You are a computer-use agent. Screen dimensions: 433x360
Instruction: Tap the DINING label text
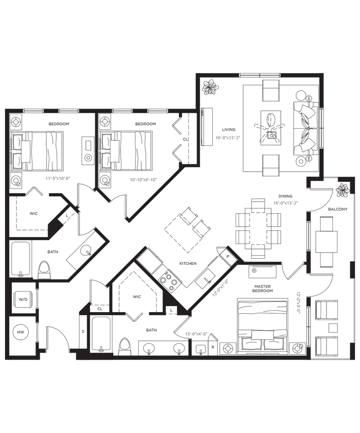(x=283, y=196)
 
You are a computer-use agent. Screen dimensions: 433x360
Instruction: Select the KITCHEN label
(x=188, y=263)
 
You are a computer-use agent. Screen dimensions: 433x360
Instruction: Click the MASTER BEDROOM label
(x=262, y=289)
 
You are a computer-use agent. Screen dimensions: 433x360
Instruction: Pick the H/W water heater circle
(x=21, y=332)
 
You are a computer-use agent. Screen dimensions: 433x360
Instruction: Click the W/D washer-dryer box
(x=22, y=299)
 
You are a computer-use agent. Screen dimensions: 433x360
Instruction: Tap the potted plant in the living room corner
(x=210, y=88)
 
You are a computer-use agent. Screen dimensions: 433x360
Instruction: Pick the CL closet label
(x=184, y=138)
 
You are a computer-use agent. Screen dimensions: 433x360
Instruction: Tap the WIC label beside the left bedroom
(x=34, y=214)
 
